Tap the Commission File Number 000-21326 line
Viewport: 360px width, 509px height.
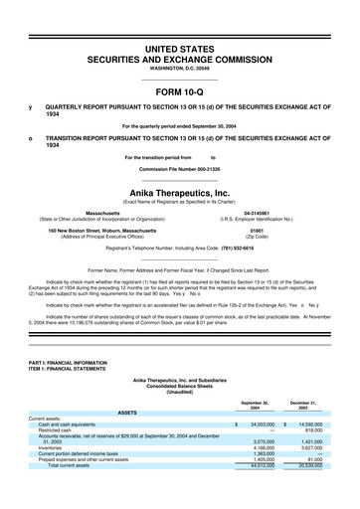click(x=180, y=169)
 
